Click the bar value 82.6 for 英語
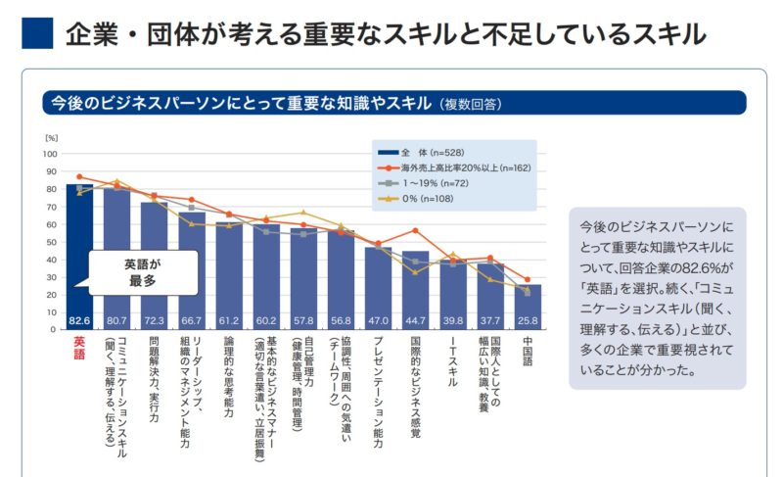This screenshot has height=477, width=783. pyautogui.click(x=79, y=320)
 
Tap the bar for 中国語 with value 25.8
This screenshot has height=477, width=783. pyautogui.click(x=528, y=308)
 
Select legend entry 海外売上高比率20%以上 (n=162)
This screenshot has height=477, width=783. pyautogui.click(x=454, y=168)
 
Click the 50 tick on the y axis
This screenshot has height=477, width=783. pyautogui.click(x=51, y=242)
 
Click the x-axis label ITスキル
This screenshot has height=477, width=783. pyautogui.click(x=453, y=363)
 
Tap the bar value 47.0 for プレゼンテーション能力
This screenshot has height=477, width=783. pyautogui.click(x=378, y=320)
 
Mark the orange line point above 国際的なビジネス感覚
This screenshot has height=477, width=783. pyautogui.click(x=416, y=231)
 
